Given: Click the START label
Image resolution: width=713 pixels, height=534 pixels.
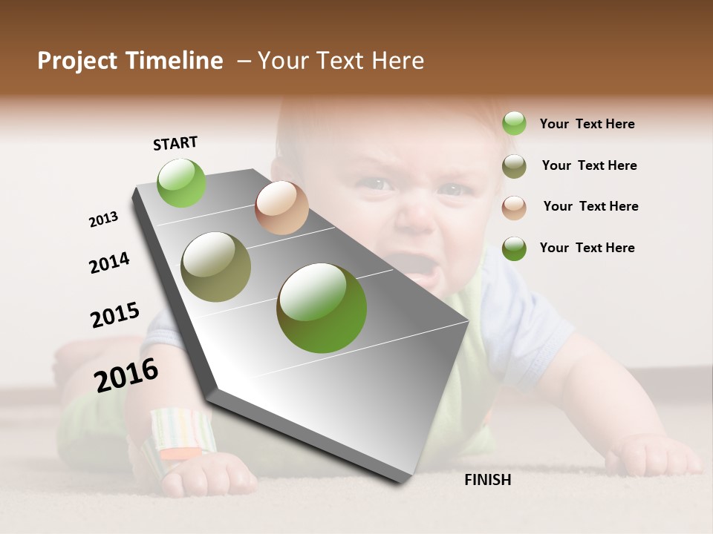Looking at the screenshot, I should point(175,143).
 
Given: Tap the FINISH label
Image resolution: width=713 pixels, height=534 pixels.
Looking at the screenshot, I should point(487,480).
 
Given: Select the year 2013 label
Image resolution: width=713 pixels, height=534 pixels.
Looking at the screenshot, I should point(103,220).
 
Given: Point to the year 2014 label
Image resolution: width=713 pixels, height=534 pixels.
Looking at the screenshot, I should point(109,263).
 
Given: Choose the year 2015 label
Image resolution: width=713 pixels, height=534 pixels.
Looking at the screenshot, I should point(115,314).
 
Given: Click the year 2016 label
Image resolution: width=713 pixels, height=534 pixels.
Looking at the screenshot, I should point(126,375).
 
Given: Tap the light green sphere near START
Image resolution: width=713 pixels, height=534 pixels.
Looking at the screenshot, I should point(181,183).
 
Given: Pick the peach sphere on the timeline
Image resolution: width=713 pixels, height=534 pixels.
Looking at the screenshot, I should point(281,208).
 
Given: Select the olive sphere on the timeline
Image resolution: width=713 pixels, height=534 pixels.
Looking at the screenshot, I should point(215,267).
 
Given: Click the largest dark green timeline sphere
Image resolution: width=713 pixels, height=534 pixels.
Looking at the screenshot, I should point(322,308).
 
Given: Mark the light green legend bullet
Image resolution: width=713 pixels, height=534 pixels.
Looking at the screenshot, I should point(514,123).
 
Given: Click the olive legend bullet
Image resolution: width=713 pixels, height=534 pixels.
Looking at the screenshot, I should point(514,166).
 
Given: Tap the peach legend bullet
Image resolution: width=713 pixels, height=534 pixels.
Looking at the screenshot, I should point(514,208).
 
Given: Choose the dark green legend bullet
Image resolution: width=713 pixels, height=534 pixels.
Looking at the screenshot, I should point(514,248).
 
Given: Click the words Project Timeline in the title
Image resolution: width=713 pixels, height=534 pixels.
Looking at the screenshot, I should point(130,61).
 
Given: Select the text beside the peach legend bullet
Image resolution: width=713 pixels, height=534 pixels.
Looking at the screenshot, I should point(590,206).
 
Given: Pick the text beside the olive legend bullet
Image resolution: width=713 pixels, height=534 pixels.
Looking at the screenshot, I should point(589,165).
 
